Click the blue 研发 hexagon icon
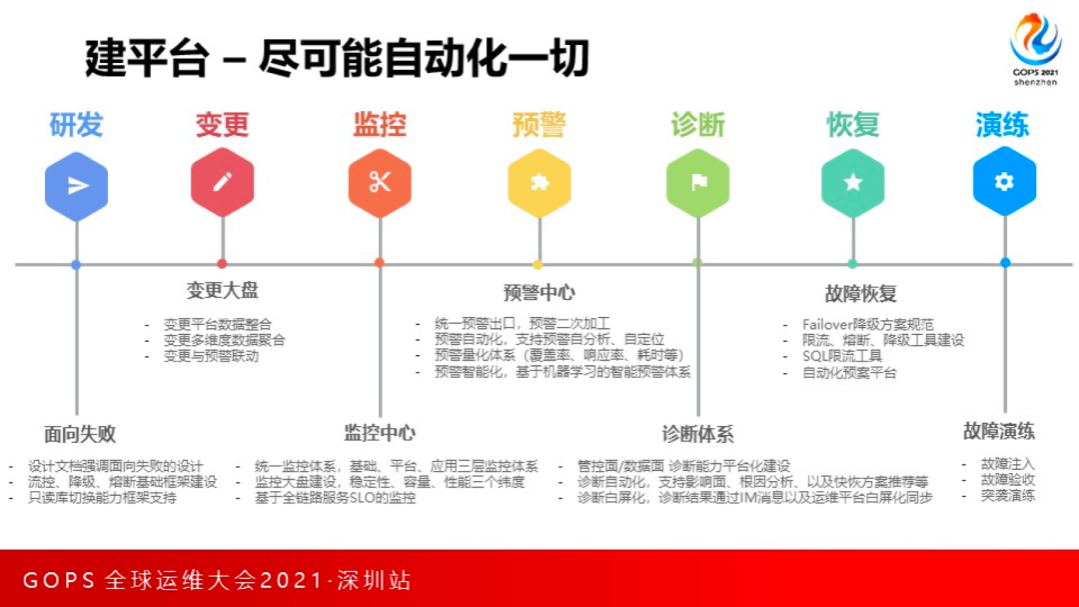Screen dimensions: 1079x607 click(77, 184)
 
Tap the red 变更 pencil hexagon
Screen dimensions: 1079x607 click(222, 183)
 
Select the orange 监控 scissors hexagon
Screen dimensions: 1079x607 click(380, 183)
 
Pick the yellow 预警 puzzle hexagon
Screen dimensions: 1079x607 click(539, 184)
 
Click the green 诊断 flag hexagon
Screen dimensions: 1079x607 click(697, 184)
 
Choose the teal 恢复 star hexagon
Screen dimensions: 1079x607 click(852, 184)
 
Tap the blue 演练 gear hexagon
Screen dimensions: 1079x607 click(1004, 182)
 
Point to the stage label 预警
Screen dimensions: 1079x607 click(539, 125)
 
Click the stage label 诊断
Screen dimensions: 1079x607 click(697, 125)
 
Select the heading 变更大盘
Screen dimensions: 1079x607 click(222, 291)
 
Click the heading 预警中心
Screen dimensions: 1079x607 click(539, 293)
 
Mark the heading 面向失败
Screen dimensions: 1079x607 click(80, 434)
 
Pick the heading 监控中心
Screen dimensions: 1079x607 click(380, 433)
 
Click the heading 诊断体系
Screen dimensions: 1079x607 click(697, 434)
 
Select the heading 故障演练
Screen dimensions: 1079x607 click(999, 431)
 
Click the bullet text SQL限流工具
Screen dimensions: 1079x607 click(842, 356)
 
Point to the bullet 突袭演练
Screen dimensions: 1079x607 click(1008, 495)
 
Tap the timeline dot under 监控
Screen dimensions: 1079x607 click(380, 263)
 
